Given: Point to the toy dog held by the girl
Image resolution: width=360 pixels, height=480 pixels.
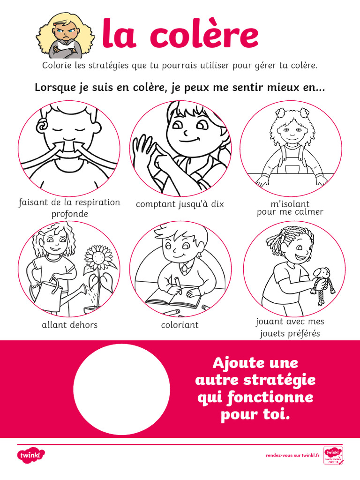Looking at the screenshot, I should click(323, 284).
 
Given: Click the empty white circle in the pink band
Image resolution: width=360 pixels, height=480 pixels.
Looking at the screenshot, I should click(122, 389).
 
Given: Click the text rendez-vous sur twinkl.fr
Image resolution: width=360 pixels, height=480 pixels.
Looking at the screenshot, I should click(292, 455).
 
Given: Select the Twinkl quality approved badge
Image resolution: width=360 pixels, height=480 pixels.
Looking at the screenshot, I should click(333, 455).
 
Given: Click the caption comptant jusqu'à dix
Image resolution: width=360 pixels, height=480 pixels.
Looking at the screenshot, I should click(180, 204).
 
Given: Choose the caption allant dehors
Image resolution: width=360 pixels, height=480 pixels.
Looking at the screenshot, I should click(69, 325).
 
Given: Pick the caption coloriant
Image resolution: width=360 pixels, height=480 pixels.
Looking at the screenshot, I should click(180, 325).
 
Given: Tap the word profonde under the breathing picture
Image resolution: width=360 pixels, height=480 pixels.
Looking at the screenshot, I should click(69, 214).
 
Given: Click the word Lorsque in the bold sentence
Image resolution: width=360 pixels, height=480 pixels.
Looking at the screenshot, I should click(52, 88).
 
